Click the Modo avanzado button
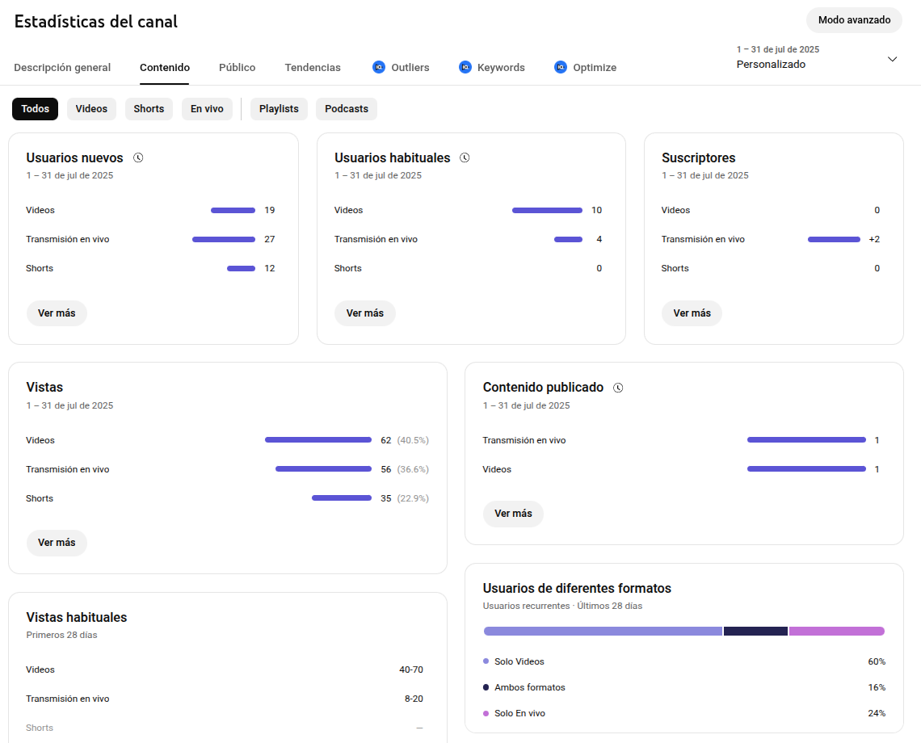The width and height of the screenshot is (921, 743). click(854, 20)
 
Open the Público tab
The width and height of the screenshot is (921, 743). click(237, 68)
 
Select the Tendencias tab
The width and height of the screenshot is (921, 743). click(313, 68)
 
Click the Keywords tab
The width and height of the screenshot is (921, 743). click(500, 68)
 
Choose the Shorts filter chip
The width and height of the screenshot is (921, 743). click(149, 109)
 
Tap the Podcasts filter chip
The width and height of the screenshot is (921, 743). click(347, 109)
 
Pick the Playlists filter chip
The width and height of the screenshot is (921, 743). click(279, 109)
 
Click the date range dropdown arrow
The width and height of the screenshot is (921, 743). click(892, 59)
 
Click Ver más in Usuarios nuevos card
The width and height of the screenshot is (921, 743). click(57, 313)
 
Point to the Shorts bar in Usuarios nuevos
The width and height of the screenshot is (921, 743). click(241, 268)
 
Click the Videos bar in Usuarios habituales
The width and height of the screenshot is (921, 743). click(547, 210)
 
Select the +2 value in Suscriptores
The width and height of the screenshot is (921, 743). click(874, 239)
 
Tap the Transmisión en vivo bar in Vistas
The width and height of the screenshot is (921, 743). click(323, 469)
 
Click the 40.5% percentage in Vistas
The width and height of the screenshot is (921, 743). click(413, 440)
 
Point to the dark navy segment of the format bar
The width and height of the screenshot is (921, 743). click(755, 631)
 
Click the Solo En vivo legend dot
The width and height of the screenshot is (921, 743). click(486, 713)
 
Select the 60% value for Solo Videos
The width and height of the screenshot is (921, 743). click(877, 661)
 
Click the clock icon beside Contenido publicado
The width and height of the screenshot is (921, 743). click(618, 388)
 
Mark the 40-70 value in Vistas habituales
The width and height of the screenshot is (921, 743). click(410, 670)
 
